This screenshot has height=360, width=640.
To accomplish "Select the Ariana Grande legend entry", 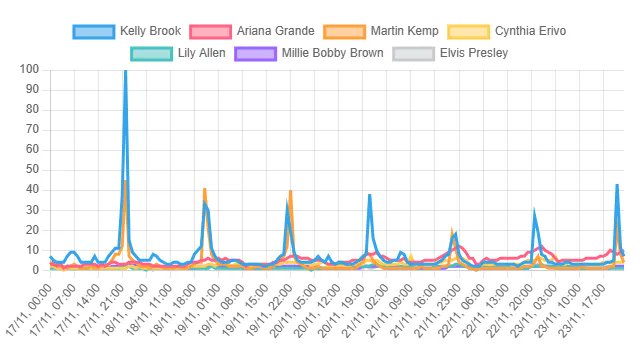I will pyautogui.click(x=275, y=31).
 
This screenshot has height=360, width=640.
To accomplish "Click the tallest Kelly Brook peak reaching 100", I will pyautogui.click(x=125, y=72).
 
